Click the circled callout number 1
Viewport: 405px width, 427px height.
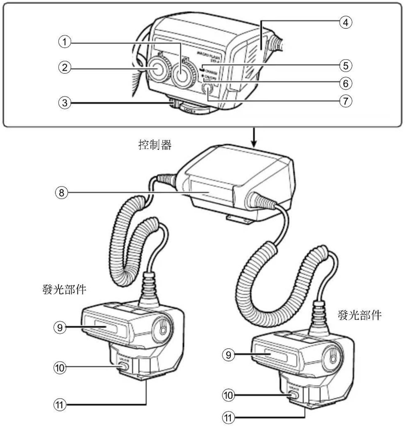click(x=65, y=41)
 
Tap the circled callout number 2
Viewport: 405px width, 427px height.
click(x=65, y=67)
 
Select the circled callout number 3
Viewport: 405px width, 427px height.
click(x=65, y=102)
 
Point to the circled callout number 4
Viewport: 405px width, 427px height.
click(x=345, y=22)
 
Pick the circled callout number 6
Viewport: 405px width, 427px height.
click(x=345, y=83)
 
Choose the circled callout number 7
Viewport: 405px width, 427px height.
click(x=345, y=101)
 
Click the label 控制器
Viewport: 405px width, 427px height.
click(x=155, y=144)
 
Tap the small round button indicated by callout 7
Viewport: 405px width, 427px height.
click(x=208, y=90)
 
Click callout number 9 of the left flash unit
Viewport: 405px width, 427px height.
click(x=60, y=327)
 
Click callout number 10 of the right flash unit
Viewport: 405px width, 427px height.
click(x=228, y=395)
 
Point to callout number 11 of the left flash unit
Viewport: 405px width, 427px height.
click(x=60, y=405)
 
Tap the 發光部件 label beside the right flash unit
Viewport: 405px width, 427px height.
click(x=360, y=315)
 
